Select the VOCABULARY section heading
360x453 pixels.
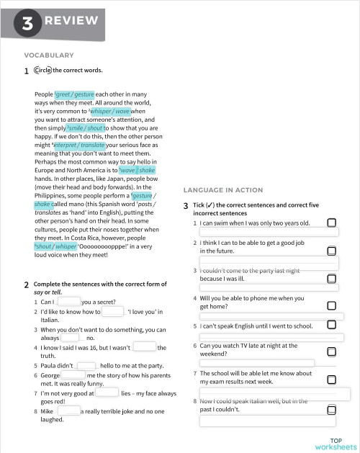[x=49, y=55]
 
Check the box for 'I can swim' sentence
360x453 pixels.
[x=331, y=224]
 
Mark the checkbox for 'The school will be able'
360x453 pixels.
[x=331, y=378]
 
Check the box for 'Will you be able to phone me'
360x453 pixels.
[x=331, y=305]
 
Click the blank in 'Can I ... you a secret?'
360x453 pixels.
[x=71, y=302]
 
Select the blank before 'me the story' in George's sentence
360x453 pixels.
[x=73, y=375]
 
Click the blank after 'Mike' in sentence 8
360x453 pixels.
[x=72, y=411]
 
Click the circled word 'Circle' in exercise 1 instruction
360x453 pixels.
[x=42, y=71]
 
